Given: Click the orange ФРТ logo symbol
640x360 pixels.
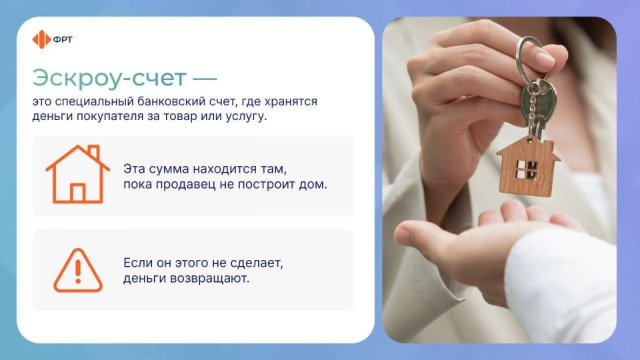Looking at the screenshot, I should [x=41, y=39].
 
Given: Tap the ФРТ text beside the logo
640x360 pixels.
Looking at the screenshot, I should [x=63, y=39].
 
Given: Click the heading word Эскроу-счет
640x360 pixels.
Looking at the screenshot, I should [x=109, y=78].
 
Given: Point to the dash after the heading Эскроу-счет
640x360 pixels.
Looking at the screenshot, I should [x=205, y=79].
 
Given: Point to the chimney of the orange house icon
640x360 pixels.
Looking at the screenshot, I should [x=93, y=153].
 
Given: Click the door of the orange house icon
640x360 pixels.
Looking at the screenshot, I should [x=78, y=193].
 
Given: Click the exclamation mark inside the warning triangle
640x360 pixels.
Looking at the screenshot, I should [x=78, y=270].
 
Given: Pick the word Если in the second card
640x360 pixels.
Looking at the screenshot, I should [x=137, y=263].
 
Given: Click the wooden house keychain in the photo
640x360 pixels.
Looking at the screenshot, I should [x=528, y=165].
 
